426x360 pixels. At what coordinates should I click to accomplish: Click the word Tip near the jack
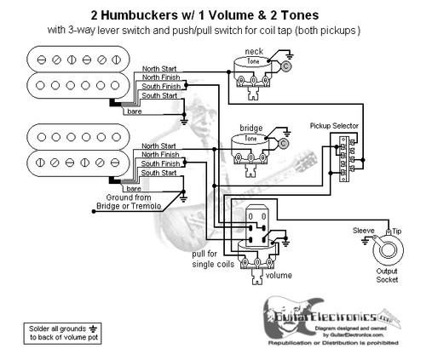click(x=395, y=231)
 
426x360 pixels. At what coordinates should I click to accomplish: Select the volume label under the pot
click(x=278, y=276)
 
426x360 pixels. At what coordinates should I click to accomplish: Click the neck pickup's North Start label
click(x=159, y=68)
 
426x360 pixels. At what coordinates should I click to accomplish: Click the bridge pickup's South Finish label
click(x=159, y=164)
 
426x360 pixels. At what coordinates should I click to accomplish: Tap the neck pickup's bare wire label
click(x=135, y=111)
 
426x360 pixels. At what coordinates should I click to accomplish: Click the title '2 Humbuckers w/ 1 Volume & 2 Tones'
click(x=213, y=14)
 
